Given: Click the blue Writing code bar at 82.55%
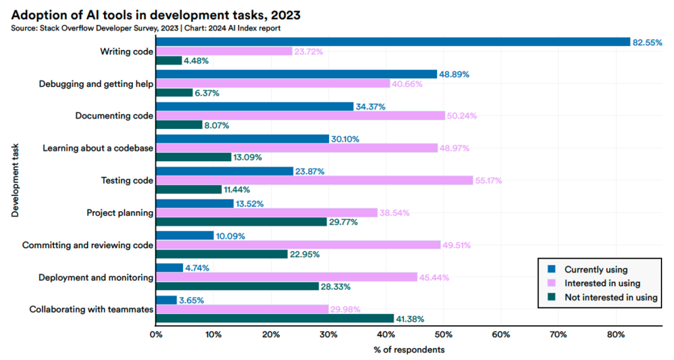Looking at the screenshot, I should pos(393,42).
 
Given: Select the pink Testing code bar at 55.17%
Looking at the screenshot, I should pos(314,180).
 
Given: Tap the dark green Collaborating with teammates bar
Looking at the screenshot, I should pos(274,319).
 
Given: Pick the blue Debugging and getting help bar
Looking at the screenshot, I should pos(296,74).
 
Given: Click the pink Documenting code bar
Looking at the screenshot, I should pos(300,116).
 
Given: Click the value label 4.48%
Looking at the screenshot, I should pos(197,61).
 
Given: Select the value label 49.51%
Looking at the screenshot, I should pos(458,245).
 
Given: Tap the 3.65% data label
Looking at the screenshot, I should pos(192,300).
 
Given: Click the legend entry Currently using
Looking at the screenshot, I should pos(596,269).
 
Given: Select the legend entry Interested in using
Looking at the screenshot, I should pos(600,283).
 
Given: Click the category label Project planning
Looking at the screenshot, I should pos(120,213).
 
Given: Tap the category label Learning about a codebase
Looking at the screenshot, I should pos(98,148).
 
